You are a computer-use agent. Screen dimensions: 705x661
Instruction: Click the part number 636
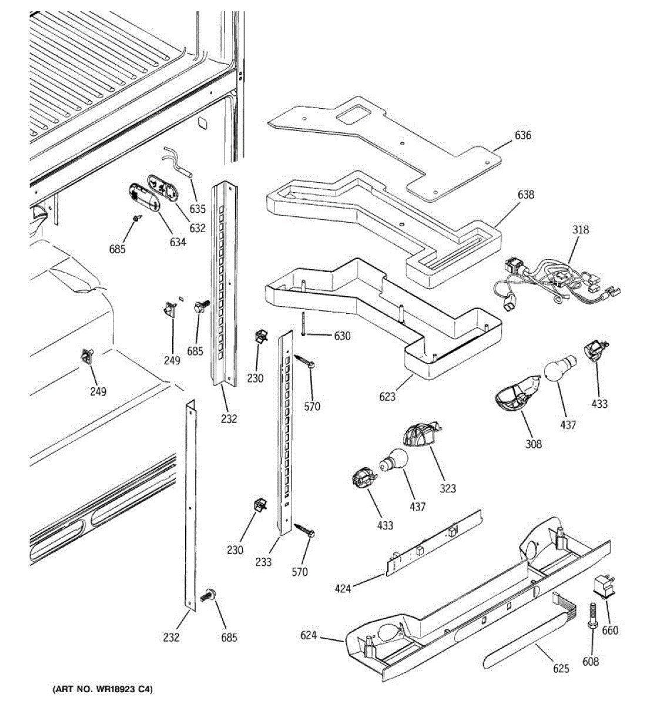click(x=522, y=136)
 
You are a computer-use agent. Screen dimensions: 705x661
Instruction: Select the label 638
click(x=526, y=194)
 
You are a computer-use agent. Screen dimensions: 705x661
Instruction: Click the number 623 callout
click(x=387, y=397)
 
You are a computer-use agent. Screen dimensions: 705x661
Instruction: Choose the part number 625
click(x=561, y=669)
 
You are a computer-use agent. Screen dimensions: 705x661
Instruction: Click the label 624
click(x=308, y=635)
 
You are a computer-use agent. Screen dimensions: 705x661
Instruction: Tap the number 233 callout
click(x=264, y=562)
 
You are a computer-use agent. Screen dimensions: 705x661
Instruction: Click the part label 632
click(x=198, y=227)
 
